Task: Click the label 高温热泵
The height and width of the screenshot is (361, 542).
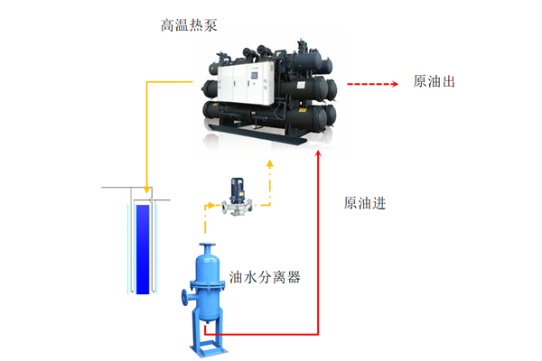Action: click(189, 25)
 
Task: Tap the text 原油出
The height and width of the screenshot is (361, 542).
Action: click(434, 81)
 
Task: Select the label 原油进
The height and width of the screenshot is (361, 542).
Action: click(364, 203)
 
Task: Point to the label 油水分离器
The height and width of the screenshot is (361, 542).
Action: click(265, 277)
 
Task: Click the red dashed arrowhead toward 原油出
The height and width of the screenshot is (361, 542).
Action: click(395, 84)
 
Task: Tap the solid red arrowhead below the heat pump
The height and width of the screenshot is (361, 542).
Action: click(318, 154)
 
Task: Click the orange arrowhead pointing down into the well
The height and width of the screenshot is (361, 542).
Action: click(147, 190)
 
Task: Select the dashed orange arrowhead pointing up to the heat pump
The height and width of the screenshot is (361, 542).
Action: click(269, 164)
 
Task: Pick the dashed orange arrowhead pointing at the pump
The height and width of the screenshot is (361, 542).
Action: click(210, 206)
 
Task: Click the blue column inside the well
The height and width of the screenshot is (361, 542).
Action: click(143, 249)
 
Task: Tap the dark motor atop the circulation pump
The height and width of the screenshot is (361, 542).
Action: click(237, 190)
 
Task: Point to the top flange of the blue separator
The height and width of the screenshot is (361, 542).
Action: click(208, 245)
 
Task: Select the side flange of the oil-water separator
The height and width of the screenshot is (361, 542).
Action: click(185, 298)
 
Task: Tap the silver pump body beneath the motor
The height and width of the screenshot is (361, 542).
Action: click(237, 208)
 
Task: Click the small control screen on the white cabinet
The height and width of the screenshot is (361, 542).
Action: click(255, 75)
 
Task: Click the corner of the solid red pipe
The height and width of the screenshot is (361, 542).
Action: click(318, 335)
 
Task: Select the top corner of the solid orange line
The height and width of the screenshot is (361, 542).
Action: click(147, 82)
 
